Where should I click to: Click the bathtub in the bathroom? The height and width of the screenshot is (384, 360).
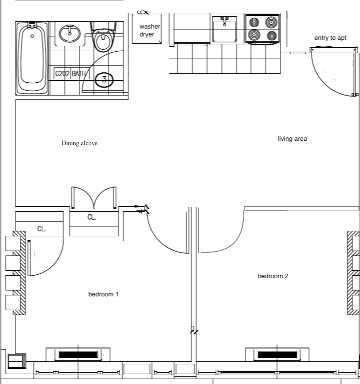coord(33,58)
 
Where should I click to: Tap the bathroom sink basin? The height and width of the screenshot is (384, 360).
coord(70,34)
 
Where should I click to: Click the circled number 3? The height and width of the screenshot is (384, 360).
coord(104,79)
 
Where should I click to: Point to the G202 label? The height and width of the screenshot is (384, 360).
coord(62,74)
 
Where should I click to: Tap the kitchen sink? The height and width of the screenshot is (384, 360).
coord(225,31)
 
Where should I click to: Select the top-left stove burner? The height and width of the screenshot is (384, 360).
coord(254,22)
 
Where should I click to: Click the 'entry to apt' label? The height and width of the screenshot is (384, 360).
coord(330,38)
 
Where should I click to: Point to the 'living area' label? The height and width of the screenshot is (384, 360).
coord(292,139)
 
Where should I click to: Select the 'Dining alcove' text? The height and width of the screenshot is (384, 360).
coord(79,143)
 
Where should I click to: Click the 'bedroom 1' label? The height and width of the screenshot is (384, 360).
coord(103,294)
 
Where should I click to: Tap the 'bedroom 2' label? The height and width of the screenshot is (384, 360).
coord(273,276)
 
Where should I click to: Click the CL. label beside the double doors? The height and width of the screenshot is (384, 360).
coord(92,217)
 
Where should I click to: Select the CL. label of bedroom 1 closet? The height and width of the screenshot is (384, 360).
coord(42,229)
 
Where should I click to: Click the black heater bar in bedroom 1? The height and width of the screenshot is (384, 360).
coord(78,354)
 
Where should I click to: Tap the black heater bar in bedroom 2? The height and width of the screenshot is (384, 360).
coord(278,354)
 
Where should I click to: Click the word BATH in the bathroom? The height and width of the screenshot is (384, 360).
coord(79,74)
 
